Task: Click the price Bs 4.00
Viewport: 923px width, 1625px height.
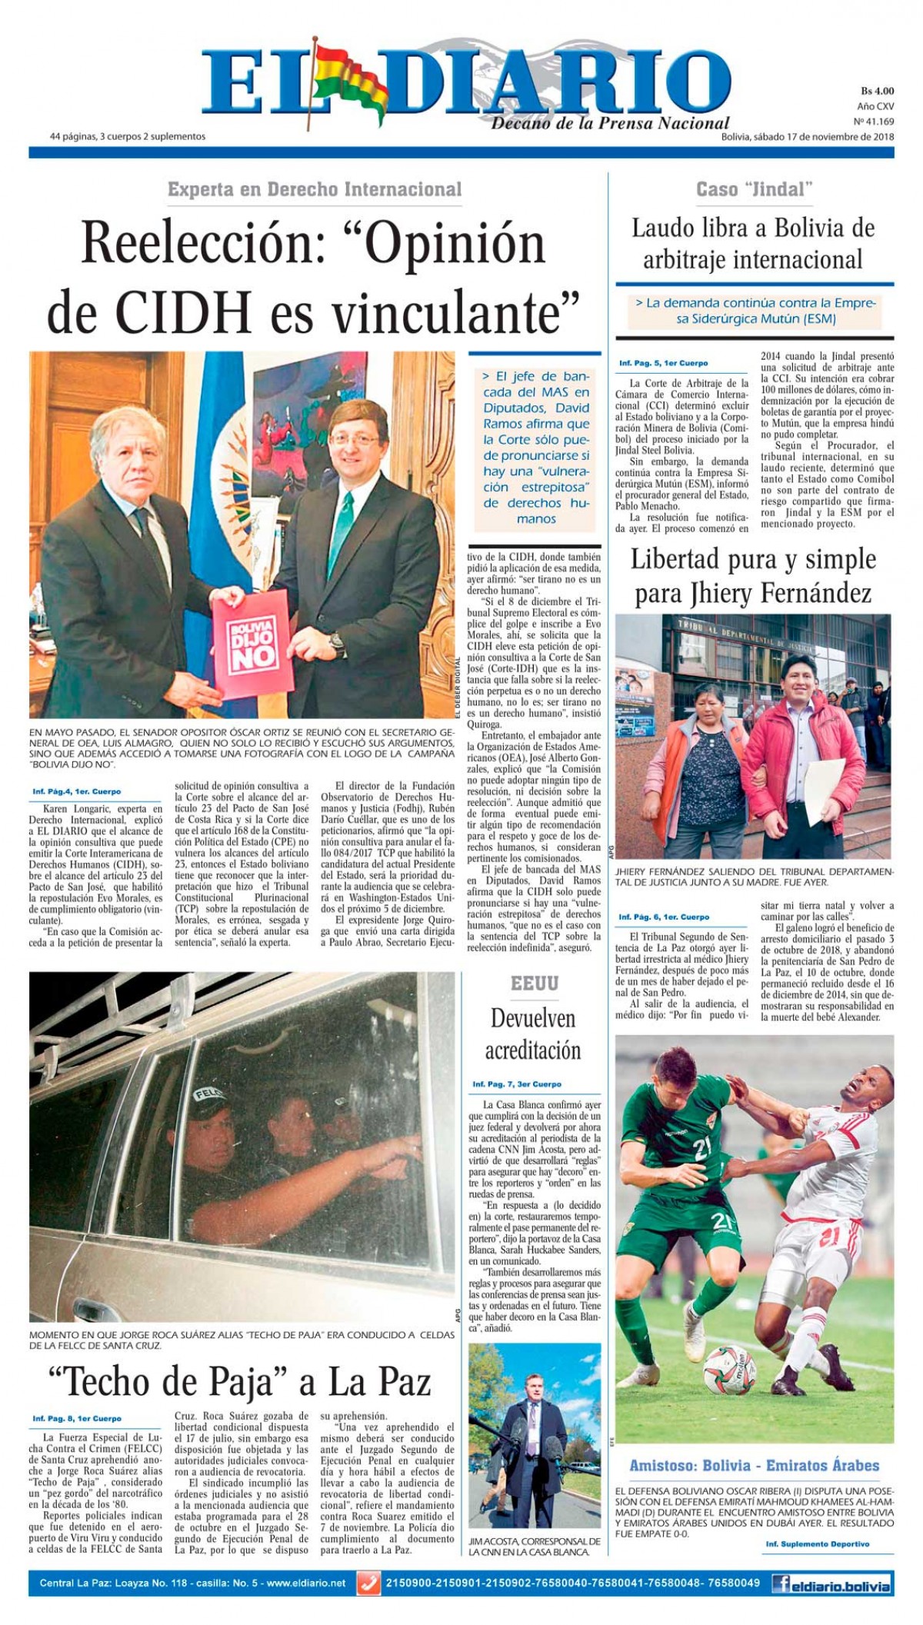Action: pyautogui.click(x=877, y=92)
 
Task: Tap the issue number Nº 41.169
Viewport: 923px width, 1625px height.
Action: pyautogui.click(x=874, y=122)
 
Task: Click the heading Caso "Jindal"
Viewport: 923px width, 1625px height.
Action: pyautogui.click(x=754, y=188)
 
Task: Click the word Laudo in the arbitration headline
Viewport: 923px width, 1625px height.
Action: pyautogui.click(x=661, y=228)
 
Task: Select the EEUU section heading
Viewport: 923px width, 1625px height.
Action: pyautogui.click(x=534, y=983)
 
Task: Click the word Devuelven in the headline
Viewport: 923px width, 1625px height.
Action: pyautogui.click(x=533, y=1018)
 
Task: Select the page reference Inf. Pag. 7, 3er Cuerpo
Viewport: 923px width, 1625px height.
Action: pyautogui.click(x=517, y=1084)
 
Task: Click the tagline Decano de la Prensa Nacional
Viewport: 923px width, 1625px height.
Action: pyautogui.click(x=610, y=123)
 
